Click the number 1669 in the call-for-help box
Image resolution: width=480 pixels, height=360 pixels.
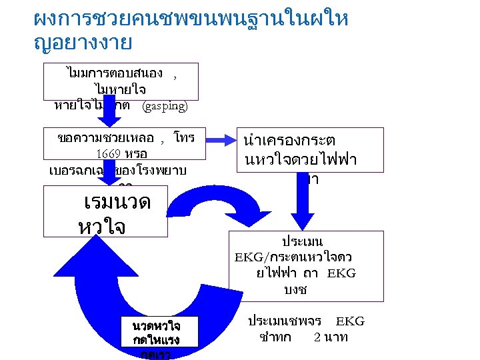click(108, 154)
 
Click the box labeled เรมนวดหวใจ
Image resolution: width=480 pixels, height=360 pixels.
click(105, 211)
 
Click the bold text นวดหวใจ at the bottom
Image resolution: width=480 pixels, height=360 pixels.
click(155, 326)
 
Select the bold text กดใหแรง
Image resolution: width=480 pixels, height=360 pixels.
click(155, 340)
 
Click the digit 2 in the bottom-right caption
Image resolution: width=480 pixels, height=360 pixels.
click(318, 337)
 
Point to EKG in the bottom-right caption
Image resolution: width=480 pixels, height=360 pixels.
click(350, 321)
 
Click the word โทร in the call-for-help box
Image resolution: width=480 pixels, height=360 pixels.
click(183, 138)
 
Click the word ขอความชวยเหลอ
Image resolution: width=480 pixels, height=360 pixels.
click(106, 138)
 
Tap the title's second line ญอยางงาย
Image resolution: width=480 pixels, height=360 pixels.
click(83, 43)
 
